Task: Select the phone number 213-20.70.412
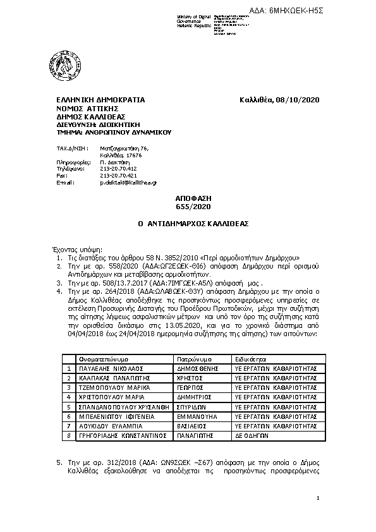[x=118, y=169]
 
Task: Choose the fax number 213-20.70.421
[x=118, y=175]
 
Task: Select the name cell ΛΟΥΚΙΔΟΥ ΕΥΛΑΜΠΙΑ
[x=105, y=426]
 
